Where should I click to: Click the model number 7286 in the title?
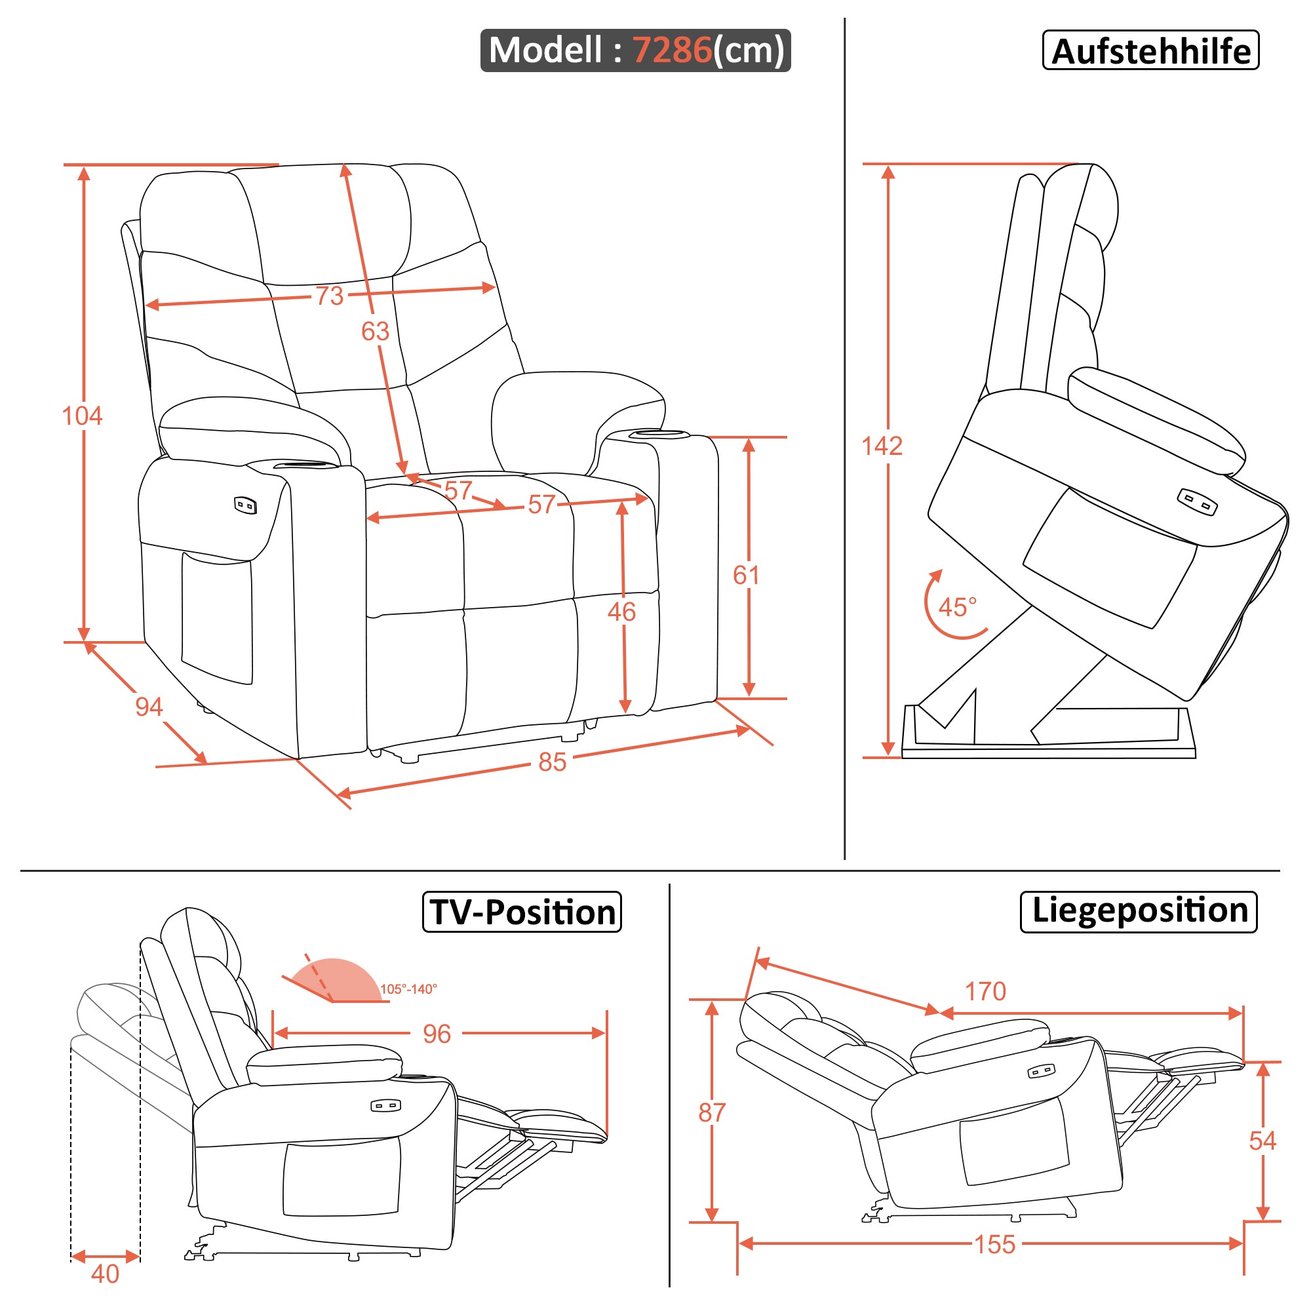coord(672,50)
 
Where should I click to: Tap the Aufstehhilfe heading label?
coord(1151,51)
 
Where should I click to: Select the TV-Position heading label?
coord(522,912)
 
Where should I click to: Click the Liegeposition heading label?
coord(1139,910)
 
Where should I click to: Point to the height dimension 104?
coord(82,416)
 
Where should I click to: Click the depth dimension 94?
coord(149,707)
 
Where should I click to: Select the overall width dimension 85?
coord(552,762)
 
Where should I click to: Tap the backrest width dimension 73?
coord(329,296)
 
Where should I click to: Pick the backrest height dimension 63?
coord(374,331)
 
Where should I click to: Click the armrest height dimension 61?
coord(746,576)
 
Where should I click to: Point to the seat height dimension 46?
coord(621,612)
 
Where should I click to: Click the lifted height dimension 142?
coord(882,446)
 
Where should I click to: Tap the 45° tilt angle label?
coord(957,608)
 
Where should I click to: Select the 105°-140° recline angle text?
coord(408,989)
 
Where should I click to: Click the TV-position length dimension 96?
coord(437,1034)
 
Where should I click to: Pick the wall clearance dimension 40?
coord(104,1274)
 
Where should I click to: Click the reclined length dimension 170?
coord(985,992)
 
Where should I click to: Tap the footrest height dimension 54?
coord(1262,1141)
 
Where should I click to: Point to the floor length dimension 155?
coord(995,1245)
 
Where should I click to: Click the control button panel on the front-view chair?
coord(245,505)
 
